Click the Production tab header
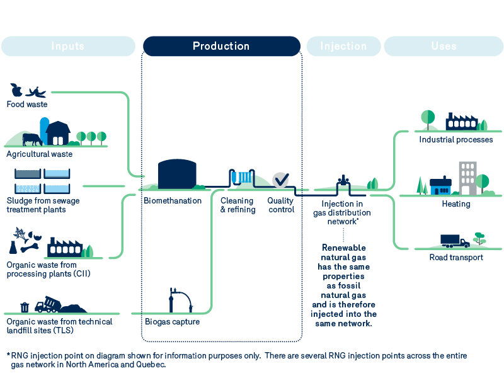(x=221, y=46)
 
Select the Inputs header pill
(x=67, y=46)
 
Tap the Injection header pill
(x=343, y=46)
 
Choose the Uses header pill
(x=444, y=46)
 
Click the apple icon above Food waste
(x=16, y=90)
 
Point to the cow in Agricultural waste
(x=31, y=139)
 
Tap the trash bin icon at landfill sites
(x=25, y=307)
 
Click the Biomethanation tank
(x=176, y=174)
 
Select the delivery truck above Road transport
(x=455, y=241)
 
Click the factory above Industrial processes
(x=462, y=121)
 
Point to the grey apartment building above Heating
(x=467, y=178)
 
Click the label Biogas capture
(x=172, y=322)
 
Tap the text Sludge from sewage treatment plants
(x=43, y=205)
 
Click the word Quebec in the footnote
(x=151, y=365)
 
